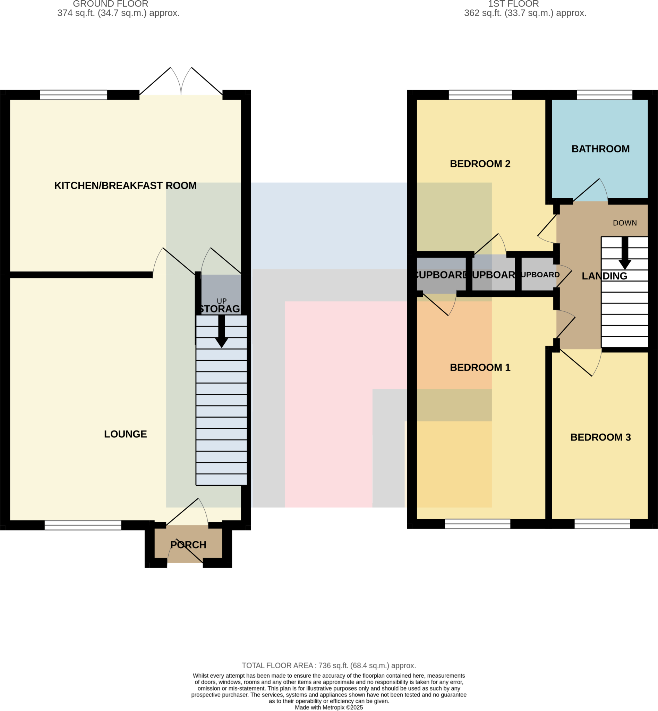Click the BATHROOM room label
pyautogui.click(x=600, y=149)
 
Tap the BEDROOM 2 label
pyautogui.click(x=480, y=164)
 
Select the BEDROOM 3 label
pyautogui.click(x=600, y=437)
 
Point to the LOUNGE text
pyautogui.click(x=125, y=434)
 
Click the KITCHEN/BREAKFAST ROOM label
pyautogui.click(x=125, y=186)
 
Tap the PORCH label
pyautogui.click(x=188, y=545)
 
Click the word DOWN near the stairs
pyautogui.click(x=625, y=223)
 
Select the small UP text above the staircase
pyautogui.click(x=221, y=301)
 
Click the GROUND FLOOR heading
pyautogui.click(x=110, y=4)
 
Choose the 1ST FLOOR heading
pyautogui.click(x=513, y=4)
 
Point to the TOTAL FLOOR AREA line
pyautogui.click(x=328, y=666)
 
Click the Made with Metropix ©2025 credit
pyautogui.click(x=328, y=708)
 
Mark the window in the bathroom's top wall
pyautogui.click(x=604, y=95)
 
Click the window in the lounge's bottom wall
pyautogui.click(x=83, y=525)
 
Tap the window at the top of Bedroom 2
pyautogui.click(x=480, y=95)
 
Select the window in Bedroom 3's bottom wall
pyautogui.click(x=602, y=524)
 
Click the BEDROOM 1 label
pyautogui.click(x=480, y=367)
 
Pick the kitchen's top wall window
pyautogui.click(x=73, y=95)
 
